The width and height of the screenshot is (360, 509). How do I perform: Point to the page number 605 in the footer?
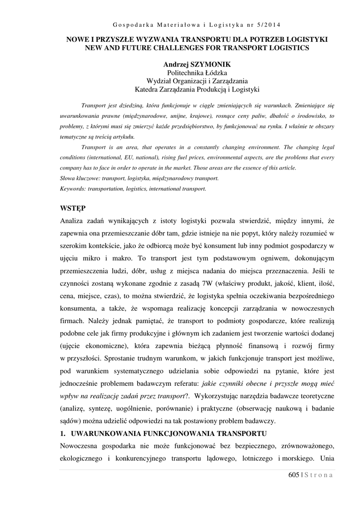point(294,475)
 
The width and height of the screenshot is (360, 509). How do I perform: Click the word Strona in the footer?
point(318,475)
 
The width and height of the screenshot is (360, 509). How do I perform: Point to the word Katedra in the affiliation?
point(148,90)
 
